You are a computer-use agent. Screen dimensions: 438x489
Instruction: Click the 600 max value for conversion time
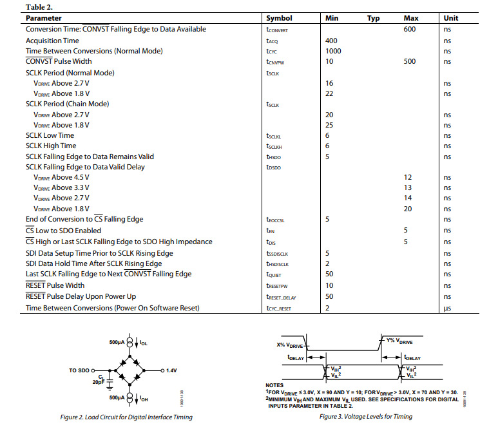pyautogui.click(x=409, y=30)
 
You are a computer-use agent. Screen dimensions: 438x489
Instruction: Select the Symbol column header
pyautogui.click(x=279, y=19)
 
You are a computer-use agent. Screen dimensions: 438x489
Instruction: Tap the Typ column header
pyautogui.click(x=373, y=19)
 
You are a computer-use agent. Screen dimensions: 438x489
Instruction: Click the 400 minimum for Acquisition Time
pyautogui.click(x=332, y=41)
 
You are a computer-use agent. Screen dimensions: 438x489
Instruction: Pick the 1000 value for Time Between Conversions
pyautogui.click(x=334, y=51)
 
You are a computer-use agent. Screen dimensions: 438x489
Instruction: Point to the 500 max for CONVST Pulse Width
pyautogui.click(x=409, y=62)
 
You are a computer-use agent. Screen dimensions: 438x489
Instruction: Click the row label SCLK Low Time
pyautogui.click(x=50, y=136)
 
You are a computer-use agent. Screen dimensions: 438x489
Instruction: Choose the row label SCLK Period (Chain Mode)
pyautogui.click(x=67, y=104)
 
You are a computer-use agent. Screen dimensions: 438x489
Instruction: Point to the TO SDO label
pyautogui.click(x=81, y=371)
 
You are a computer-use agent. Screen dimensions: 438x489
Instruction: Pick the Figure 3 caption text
pyautogui.click(x=366, y=417)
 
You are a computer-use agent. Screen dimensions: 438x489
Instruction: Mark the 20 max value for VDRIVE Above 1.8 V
pyautogui.click(x=408, y=209)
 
